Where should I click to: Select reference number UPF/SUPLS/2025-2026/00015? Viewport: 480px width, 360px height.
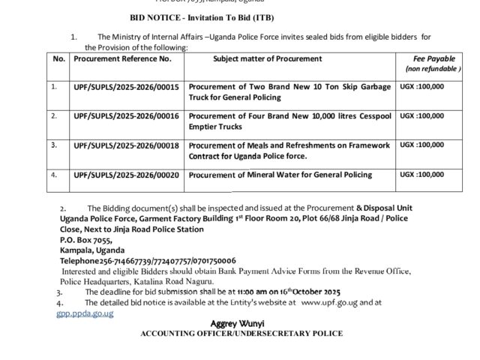click(126, 87)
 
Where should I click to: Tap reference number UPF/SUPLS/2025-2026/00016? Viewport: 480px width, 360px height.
click(126, 116)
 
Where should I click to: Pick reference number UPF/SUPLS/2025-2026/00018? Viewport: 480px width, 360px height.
click(126, 145)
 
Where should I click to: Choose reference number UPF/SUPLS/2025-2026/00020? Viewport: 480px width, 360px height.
click(126, 175)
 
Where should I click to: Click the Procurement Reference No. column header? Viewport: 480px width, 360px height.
click(122, 58)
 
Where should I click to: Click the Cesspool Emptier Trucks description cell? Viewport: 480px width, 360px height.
click(289, 121)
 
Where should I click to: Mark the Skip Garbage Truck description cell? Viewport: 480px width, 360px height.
click(289, 92)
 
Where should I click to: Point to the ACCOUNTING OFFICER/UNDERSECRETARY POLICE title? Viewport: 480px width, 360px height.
click(241, 332)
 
